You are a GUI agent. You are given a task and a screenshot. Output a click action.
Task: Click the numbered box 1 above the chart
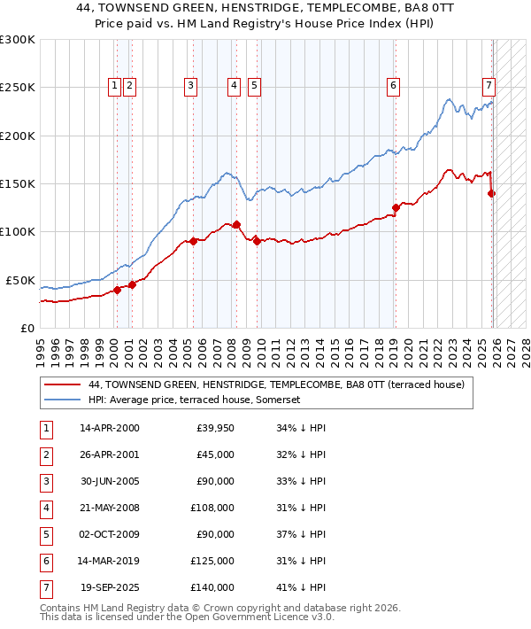pos(115,86)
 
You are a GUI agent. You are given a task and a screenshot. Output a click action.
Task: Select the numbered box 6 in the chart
pos(392,86)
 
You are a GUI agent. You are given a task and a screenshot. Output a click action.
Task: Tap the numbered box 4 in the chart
pos(234,86)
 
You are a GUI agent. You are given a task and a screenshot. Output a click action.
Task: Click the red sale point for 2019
pos(396,207)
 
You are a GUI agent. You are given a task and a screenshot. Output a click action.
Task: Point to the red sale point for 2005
pos(193,241)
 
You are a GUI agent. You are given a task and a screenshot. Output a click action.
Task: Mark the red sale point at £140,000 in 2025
pos(492,193)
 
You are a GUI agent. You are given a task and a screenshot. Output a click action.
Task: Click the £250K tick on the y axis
pos(18,88)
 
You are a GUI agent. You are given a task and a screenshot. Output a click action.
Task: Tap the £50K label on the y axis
pos(20,280)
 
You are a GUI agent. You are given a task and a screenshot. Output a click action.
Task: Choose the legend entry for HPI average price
pos(195,400)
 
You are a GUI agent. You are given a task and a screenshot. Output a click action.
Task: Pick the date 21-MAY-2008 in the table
pos(109,509)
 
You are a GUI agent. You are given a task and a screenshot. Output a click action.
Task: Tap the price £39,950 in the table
pos(215,429)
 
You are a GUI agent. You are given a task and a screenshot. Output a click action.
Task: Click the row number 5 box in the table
pos(45,535)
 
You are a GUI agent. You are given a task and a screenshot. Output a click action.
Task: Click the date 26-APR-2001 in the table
pos(109,455)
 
